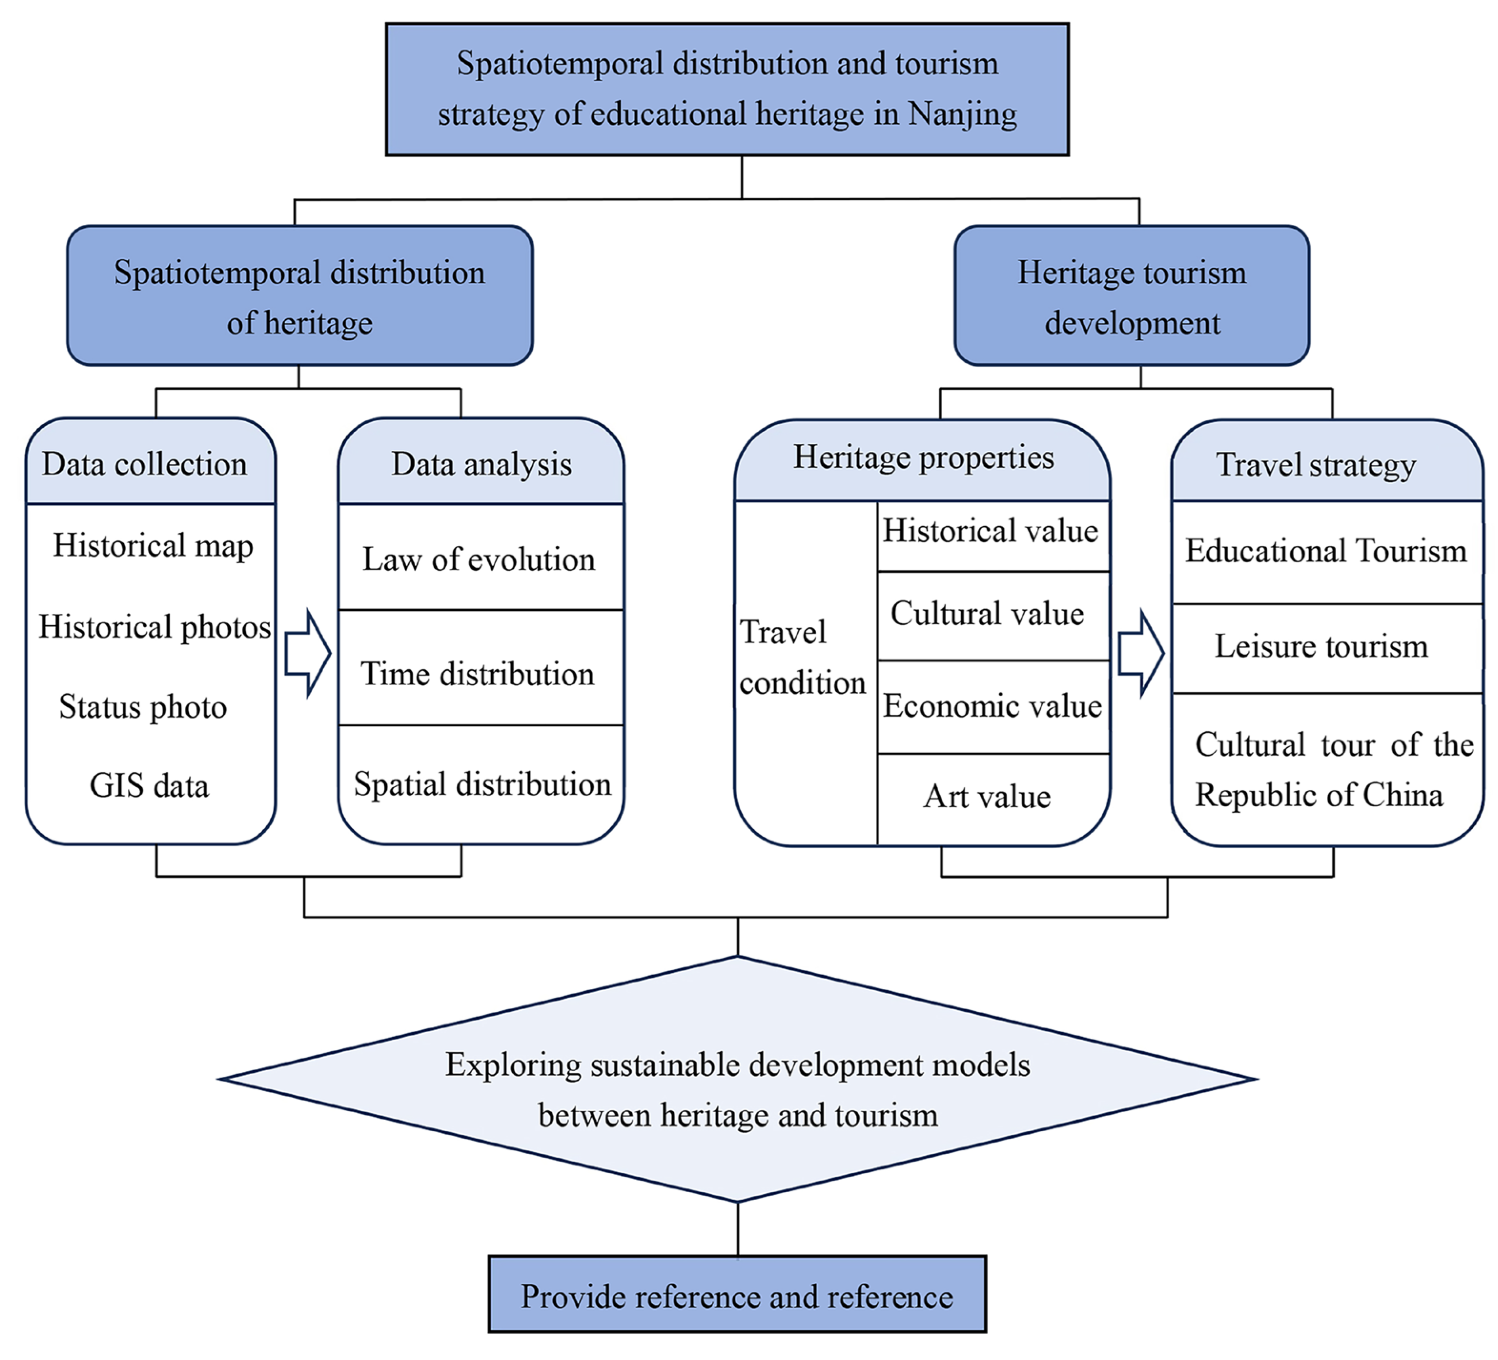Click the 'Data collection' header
pos(145,464)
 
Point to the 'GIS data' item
pos(149,786)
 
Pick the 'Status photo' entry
pos(144,706)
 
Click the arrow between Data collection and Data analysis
pos(308,654)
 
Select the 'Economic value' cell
pos(992,706)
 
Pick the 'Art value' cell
pos(987,797)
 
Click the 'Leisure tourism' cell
pos(1321,646)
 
